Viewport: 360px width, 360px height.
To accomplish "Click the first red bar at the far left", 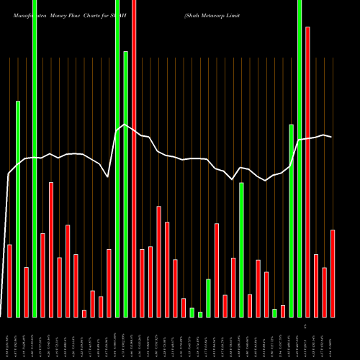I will [x=9, y=281].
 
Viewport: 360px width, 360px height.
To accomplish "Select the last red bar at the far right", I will [x=333, y=274].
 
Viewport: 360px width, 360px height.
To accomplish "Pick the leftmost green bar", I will [x=18, y=209].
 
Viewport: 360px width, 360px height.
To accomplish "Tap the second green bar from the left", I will [x=35, y=158].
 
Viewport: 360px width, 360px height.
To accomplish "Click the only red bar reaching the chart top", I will [x=134, y=158].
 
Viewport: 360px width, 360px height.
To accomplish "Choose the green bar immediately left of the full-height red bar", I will [x=125, y=184].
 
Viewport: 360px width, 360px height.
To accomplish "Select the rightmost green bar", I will [x=300, y=158].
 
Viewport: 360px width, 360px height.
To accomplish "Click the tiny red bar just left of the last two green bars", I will [x=283, y=311].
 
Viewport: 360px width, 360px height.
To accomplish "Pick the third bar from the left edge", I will [x=26, y=292].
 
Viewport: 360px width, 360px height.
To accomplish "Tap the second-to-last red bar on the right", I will [x=324, y=292].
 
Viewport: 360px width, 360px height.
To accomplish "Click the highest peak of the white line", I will [x=125, y=125].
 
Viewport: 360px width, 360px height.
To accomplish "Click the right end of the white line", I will [x=331, y=137].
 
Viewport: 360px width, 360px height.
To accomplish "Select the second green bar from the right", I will [x=291, y=220].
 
